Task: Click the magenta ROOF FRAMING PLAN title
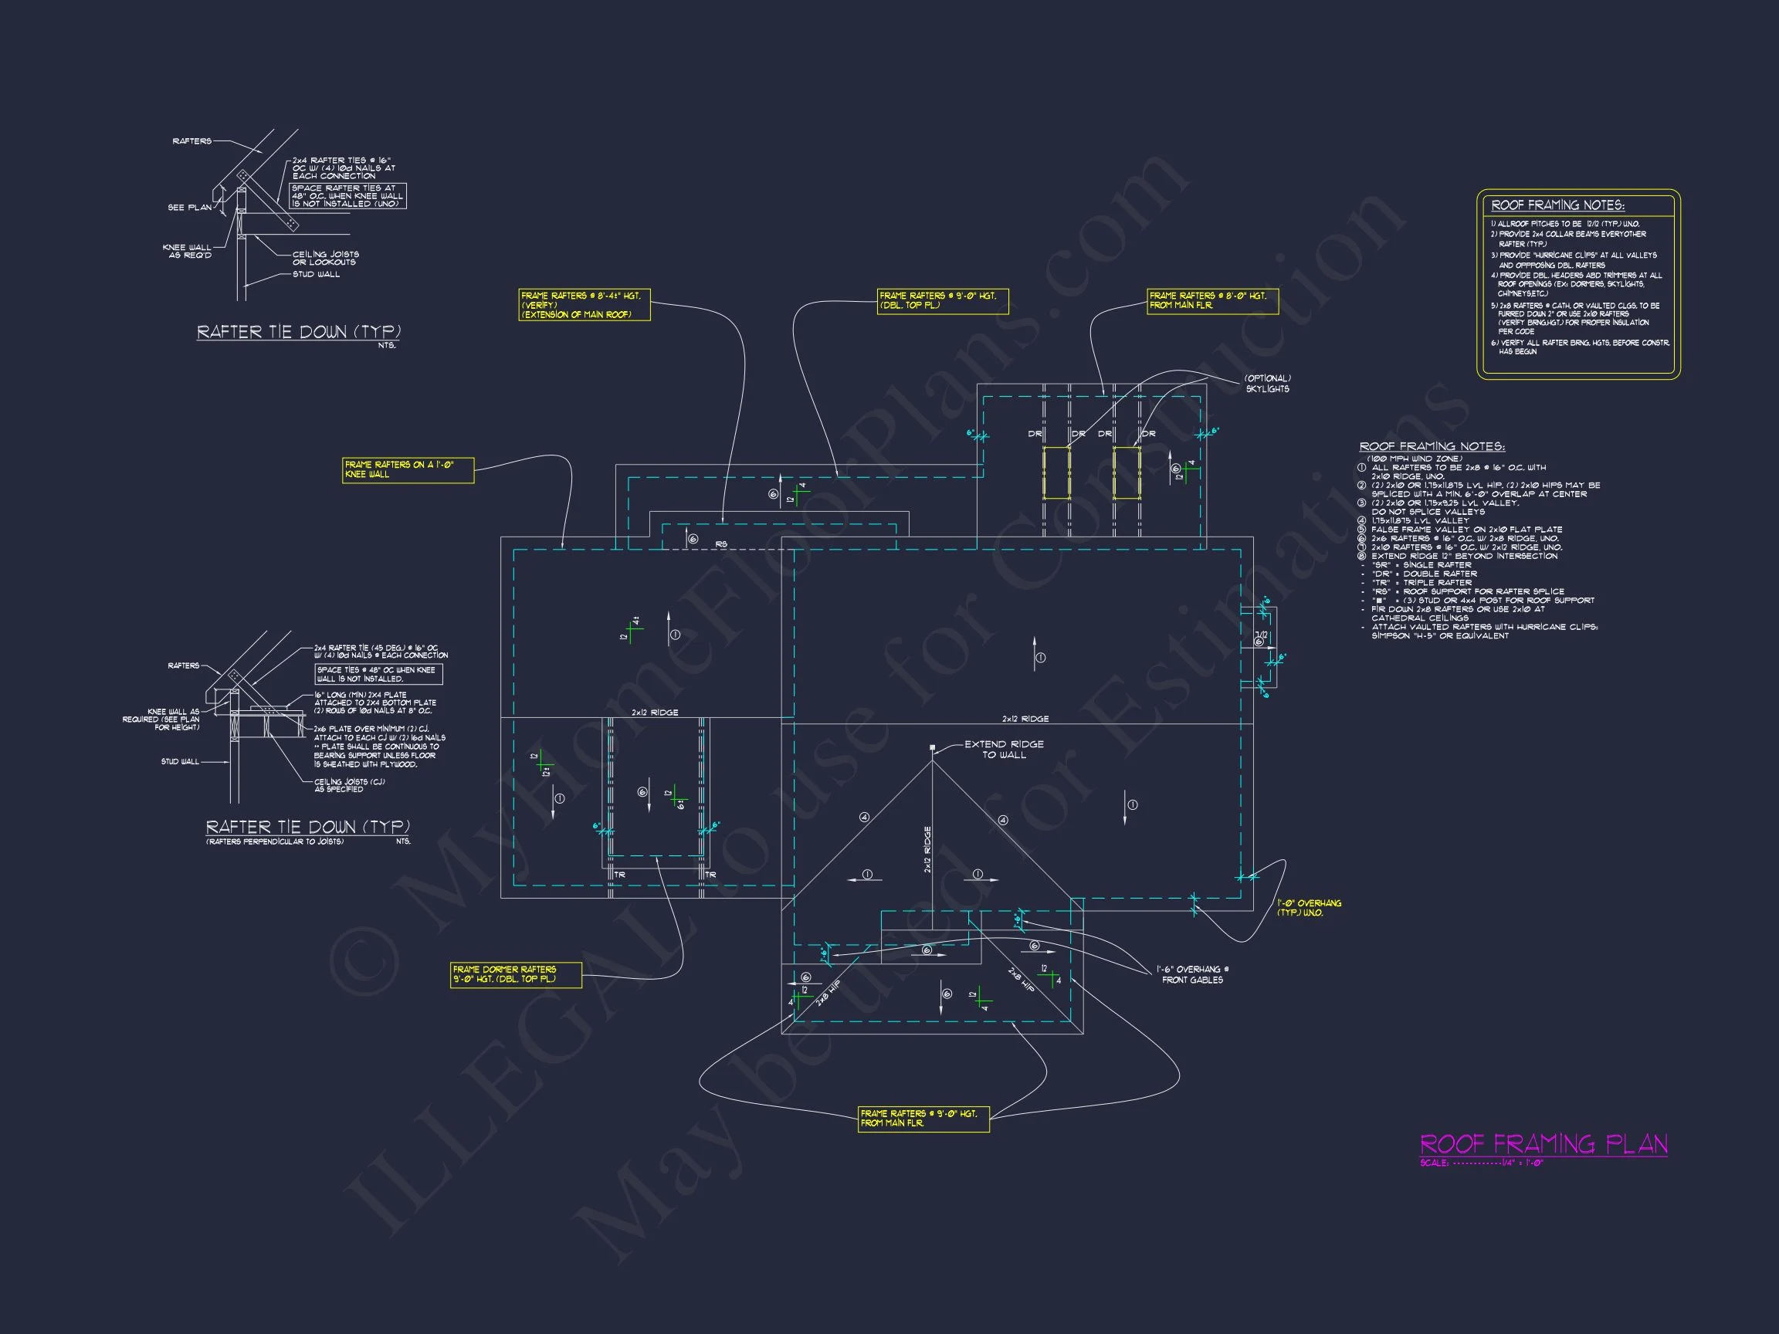[1543, 1144]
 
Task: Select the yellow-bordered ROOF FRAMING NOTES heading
[1557, 205]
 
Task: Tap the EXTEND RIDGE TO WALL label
[1004, 750]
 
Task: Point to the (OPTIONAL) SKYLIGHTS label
[1267, 384]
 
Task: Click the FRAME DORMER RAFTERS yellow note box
[516, 974]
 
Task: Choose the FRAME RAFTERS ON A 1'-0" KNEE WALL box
[408, 469]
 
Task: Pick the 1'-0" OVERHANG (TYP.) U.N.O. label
[1309, 908]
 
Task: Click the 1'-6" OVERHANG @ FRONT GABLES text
[1193, 974]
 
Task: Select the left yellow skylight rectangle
[1056, 473]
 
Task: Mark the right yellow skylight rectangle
[1126, 473]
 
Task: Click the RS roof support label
[721, 544]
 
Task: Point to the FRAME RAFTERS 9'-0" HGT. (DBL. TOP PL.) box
[942, 301]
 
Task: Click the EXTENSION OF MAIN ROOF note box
[584, 306]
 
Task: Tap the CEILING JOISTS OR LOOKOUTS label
[325, 258]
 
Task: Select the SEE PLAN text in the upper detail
[190, 208]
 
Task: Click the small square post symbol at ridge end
[932, 748]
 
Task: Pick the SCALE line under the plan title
[1482, 1163]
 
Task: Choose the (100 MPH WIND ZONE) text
[1415, 459]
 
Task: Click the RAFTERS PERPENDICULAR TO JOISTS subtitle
[275, 842]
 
